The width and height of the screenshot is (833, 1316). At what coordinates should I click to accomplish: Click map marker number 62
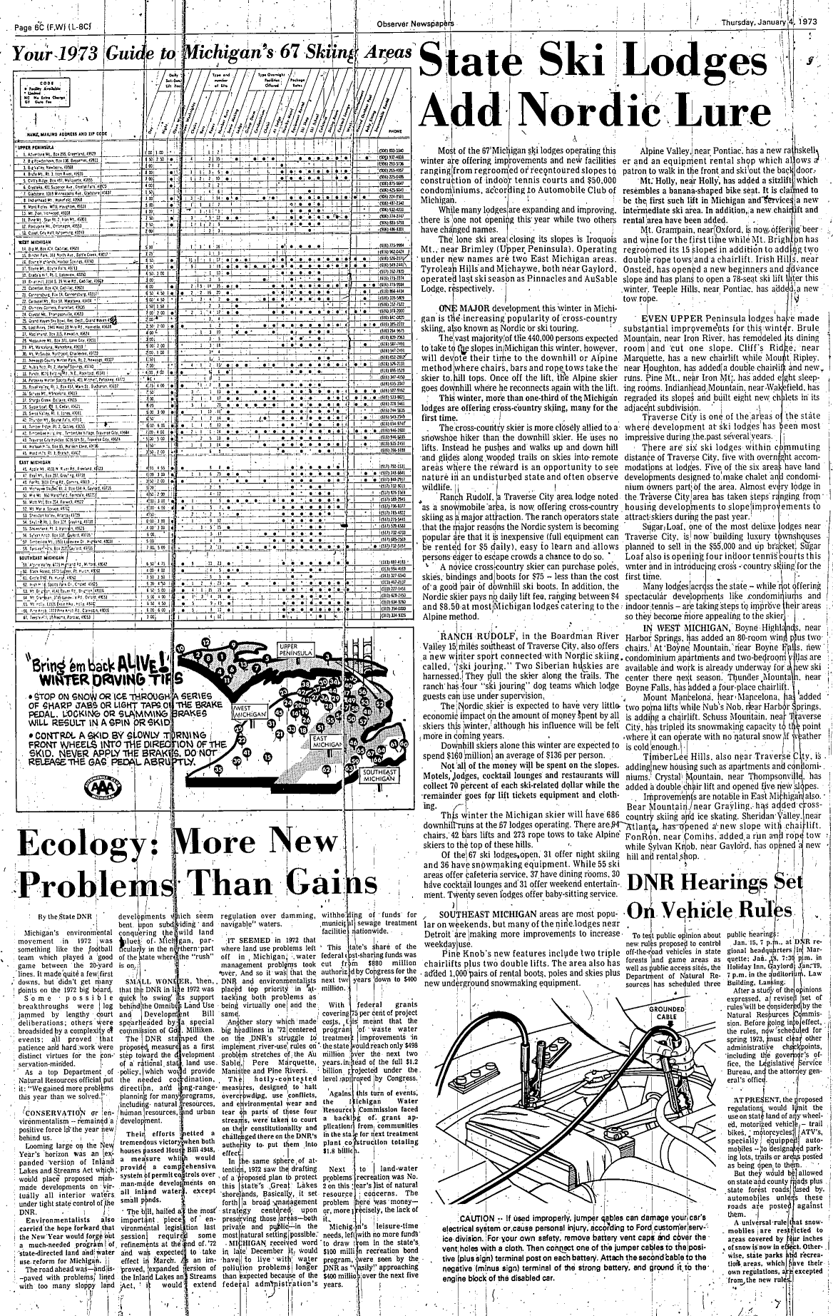point(326,770)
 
